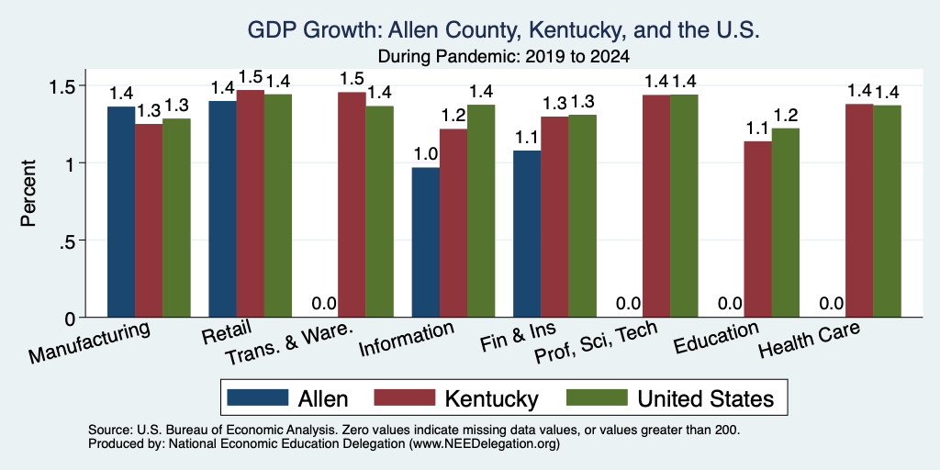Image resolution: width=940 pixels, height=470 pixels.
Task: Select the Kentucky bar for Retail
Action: click(x=250, y=203)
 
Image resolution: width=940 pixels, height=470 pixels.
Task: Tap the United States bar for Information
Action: click(x=481, y=211)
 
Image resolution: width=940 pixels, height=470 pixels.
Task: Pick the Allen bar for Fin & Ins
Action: click(x=527, y=234)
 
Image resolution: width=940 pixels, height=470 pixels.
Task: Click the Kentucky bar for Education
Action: click(x=757, y=229)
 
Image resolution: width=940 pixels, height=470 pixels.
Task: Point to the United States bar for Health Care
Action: click(x=887, y=211)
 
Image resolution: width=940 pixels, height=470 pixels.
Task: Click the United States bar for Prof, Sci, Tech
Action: click(x=684, y=206)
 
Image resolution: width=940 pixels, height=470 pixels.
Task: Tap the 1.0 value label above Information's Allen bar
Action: click(x=426, y=154)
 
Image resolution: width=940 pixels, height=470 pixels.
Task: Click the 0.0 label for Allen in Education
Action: click(x=730, y=303)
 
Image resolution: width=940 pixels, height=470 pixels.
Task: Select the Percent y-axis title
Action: click(x=28, y=193)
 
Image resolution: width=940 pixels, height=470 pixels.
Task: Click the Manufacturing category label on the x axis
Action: click(x=89, y=342)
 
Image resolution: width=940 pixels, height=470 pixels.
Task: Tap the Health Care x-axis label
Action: click(x=809, y=339)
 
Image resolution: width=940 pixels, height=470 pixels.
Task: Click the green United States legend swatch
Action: click(x=597, y=397)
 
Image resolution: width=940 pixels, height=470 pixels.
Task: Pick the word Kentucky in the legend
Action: click(x=492, y=398)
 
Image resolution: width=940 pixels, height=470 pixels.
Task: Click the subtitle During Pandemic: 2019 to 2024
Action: click(x=504, y=57)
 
